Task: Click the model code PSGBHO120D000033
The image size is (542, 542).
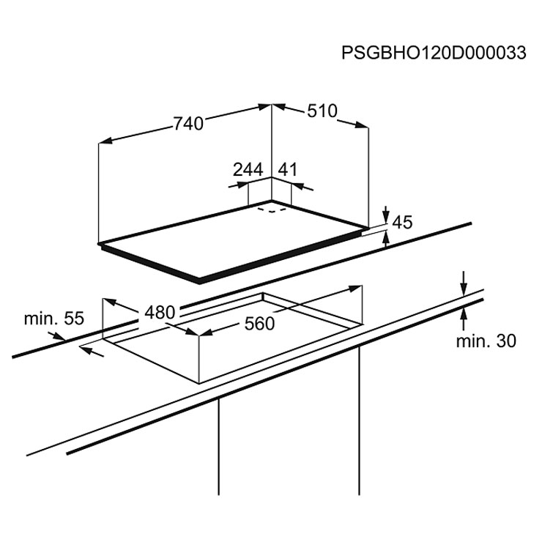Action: [x=434, y=53]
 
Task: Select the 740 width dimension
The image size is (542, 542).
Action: [x=188, y=124]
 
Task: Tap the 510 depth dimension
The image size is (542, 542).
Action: [x=322, y=111]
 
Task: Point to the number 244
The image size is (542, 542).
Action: [x=248, y=170]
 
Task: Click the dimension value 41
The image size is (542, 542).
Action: [x=288, y=170]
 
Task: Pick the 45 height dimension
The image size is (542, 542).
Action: [x=403, y=222]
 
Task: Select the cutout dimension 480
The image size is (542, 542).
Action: [x=160, y=313]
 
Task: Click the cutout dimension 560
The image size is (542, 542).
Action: [x=259, y=324]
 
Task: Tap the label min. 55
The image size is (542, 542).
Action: [x=54, y=319]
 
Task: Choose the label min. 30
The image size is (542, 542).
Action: [x=486, y=341]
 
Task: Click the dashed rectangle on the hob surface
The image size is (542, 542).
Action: [x=272, y=209]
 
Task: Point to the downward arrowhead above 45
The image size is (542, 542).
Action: [x=386, y=215]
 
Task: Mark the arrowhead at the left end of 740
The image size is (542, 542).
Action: [x=105, y=141]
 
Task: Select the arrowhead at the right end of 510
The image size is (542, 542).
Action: [x=362, y=125]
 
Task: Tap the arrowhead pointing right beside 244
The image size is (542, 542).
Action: [x=242, y=185]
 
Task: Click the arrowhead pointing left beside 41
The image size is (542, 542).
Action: [x=298, y=186]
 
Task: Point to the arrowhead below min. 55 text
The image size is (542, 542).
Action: [x=59, y=336]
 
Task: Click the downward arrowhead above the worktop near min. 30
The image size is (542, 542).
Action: [x=464, y=289]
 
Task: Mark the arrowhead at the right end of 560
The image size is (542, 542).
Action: [x=356, y=288]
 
